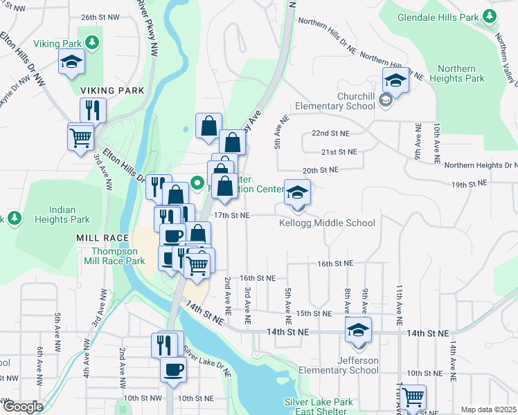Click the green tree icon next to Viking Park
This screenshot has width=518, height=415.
tap(91, 43)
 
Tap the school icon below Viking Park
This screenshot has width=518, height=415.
tap(71, 63)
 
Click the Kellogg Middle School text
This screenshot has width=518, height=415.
tap(327, 223)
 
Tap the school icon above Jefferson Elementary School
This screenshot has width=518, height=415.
tap(358, 331)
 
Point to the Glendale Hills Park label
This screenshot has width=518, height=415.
tap(438, 17)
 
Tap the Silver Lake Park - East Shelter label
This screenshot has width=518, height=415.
tap(319, 406)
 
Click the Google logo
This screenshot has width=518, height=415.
tap(22, 407)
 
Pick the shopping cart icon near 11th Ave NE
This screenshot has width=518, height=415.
tap(413, 398)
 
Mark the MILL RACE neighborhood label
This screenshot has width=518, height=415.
tap(102, 237)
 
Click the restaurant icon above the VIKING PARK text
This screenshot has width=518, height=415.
tap(92, 109)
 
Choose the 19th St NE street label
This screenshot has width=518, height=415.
tap(469, 184)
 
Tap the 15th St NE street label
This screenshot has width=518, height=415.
tap(314, 313)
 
